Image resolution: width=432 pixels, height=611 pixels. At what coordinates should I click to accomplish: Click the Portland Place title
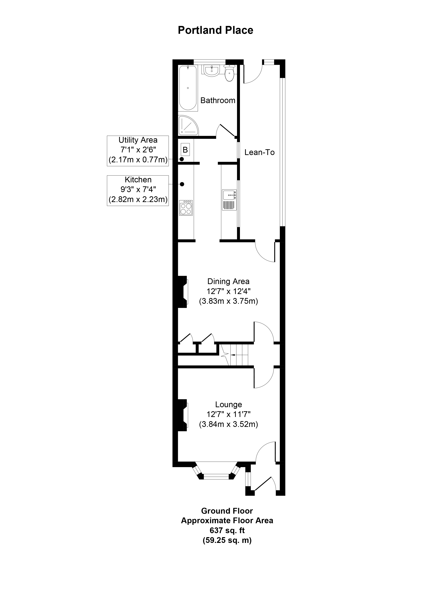pos(215,30)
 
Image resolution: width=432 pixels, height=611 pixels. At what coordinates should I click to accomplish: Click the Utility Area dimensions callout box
pos(138,151)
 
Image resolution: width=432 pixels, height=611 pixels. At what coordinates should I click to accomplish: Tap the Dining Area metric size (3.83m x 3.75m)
pos(228,301)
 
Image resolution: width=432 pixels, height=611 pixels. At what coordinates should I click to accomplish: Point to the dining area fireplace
pos(183,292)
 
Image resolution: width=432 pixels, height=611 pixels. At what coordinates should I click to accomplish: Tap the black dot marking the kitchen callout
pos(182,184)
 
